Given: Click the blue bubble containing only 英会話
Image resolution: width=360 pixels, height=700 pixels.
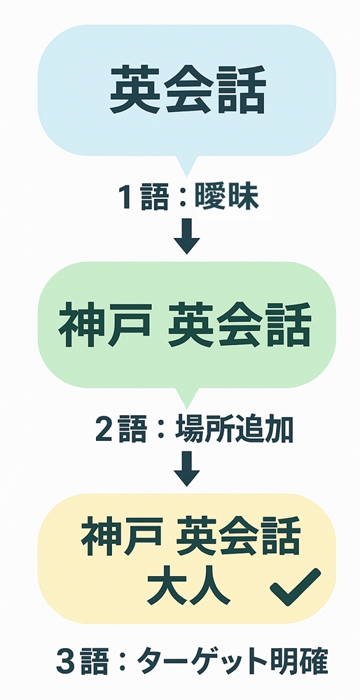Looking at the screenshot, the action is pos(187,90).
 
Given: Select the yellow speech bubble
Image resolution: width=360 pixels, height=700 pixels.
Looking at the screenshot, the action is pos(187,558).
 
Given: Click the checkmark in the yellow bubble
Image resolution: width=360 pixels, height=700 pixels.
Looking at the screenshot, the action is pos(296,587).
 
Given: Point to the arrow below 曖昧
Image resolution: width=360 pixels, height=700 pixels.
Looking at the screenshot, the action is pos(187,236).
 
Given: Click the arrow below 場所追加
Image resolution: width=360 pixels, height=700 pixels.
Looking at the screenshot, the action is pos(187,468).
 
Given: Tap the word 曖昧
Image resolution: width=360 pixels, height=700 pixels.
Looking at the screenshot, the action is pos(226,198).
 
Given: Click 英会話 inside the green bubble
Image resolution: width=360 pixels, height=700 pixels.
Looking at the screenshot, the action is pos(239,325).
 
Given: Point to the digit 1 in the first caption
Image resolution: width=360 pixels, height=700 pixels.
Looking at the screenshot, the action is pos(126,198).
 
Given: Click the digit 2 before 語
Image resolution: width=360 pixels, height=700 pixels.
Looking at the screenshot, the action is pos(104,430).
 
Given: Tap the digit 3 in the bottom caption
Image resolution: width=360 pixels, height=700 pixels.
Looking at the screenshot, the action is pos(64,662).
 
